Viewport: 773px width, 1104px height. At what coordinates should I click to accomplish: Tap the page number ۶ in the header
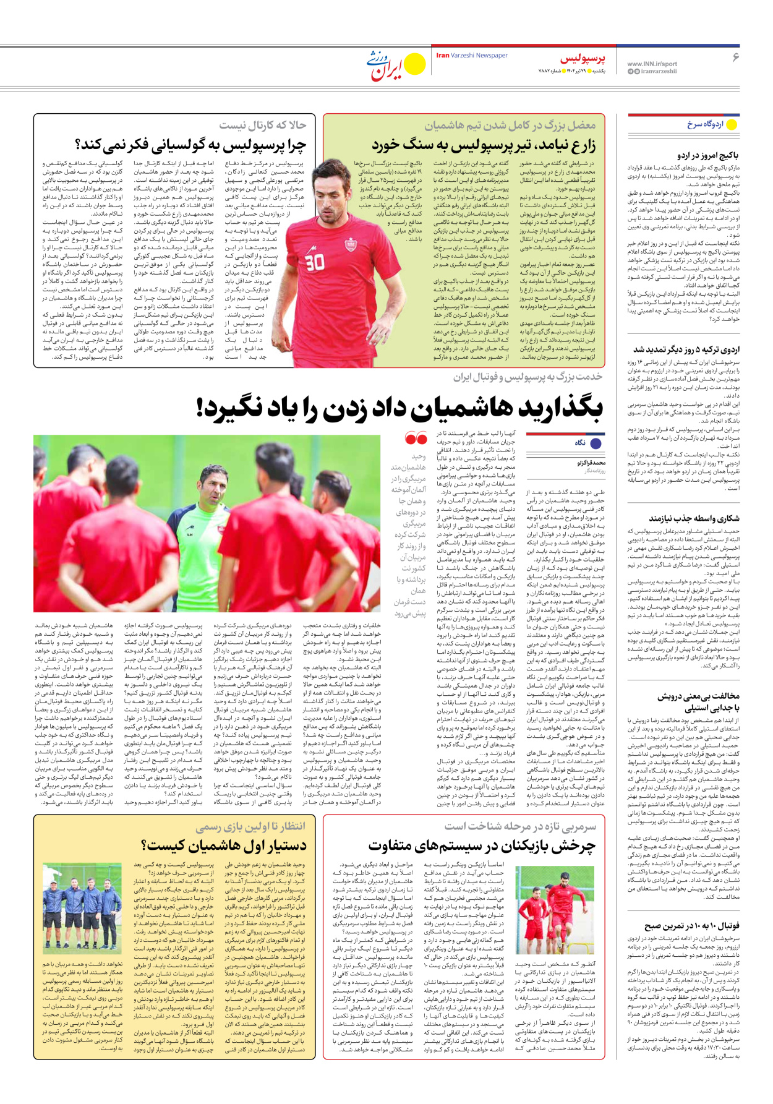(736, 58)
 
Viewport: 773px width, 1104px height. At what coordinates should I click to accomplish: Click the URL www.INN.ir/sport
(652, 64)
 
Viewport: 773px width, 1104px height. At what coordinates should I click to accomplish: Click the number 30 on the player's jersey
(314, 262)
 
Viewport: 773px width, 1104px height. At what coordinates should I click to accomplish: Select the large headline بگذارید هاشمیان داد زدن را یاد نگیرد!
(399, 408)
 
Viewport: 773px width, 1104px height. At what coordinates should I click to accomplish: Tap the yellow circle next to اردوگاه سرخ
(732, 124)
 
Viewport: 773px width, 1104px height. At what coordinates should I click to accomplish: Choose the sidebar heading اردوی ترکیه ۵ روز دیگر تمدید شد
(686, 349)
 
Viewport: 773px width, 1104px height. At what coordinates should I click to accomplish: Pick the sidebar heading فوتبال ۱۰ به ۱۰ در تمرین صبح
(692, 926)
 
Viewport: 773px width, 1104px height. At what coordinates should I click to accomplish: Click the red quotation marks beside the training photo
(416, 439)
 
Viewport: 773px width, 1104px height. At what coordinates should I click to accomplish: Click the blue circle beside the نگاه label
(596, 443)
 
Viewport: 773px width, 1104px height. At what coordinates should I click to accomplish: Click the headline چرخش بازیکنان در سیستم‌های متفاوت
(482, 845)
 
